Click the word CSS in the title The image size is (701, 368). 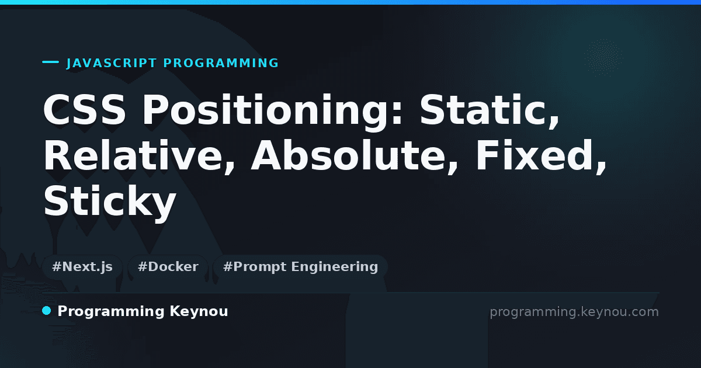85,110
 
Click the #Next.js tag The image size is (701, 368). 82,267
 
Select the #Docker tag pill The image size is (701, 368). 168,267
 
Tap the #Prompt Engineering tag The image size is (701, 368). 300,267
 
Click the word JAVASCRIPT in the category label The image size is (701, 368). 112,63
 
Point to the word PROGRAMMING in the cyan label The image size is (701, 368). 221,63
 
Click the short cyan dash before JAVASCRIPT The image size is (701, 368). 50,62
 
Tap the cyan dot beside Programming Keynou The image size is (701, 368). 46,311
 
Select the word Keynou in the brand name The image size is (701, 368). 199,311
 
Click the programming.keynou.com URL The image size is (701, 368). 574,312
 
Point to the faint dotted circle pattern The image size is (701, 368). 603,58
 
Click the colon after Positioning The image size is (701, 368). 397,112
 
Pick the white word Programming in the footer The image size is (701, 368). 111,312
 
